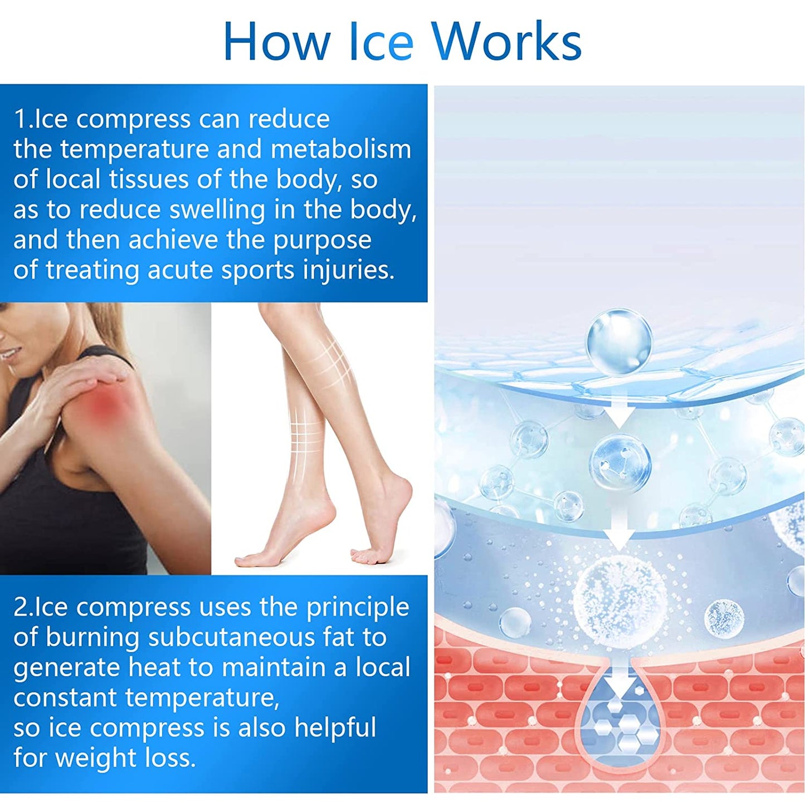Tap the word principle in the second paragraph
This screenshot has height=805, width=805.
click(x=357, y=608)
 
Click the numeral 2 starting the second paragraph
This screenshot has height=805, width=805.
click(x=20, y=607)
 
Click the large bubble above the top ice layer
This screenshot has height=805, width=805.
click(x=618, y=341)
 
